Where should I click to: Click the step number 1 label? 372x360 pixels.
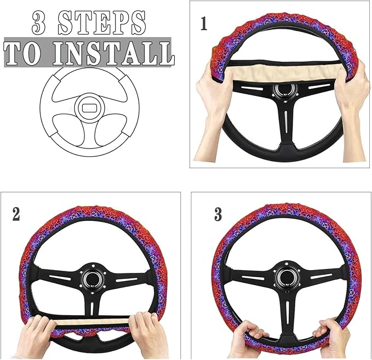pyautogui.click(x=204, y=24)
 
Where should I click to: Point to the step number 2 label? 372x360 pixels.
pyautogui.click(x=16, y=214)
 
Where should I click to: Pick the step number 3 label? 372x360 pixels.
pyautogui.click(x=218, y=214)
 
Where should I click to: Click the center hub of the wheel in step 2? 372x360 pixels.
pyautogui.click(x=90, y=277)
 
